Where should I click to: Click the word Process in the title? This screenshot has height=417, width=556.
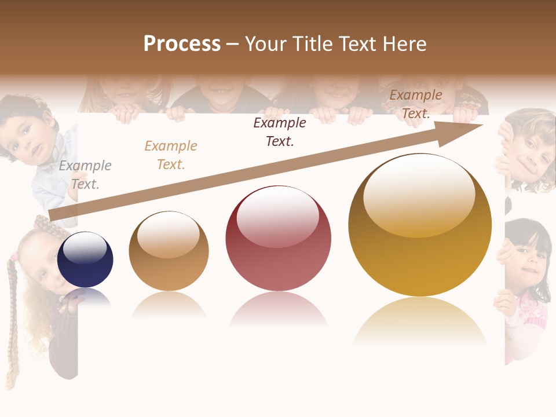point(182,44)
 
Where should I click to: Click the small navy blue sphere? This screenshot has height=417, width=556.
point(86,259)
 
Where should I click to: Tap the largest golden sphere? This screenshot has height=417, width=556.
point(420,226)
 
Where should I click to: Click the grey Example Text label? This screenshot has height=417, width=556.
point(85,175)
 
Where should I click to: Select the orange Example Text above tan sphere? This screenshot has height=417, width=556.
point(171,155)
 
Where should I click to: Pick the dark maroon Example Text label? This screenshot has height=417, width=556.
point(280,131)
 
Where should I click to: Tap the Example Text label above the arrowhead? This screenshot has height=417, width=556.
point(416,104)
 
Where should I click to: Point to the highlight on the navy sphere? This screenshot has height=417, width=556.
point(85,247)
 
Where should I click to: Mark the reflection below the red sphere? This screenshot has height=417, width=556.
point(278,310)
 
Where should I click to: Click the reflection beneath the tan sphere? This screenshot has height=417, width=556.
point(169,305)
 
